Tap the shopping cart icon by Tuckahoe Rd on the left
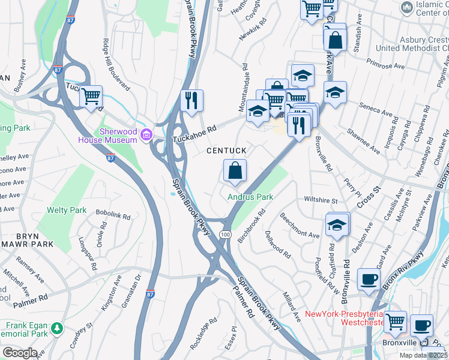click(91, 96)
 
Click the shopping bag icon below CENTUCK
click(235, 170)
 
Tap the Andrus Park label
click(250, 197)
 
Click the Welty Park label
click(67, 211)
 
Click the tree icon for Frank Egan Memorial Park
click(56, 328)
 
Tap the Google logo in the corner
click(19, 353)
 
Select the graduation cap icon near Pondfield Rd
click(337, 226)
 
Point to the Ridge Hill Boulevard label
click(115, 64)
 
